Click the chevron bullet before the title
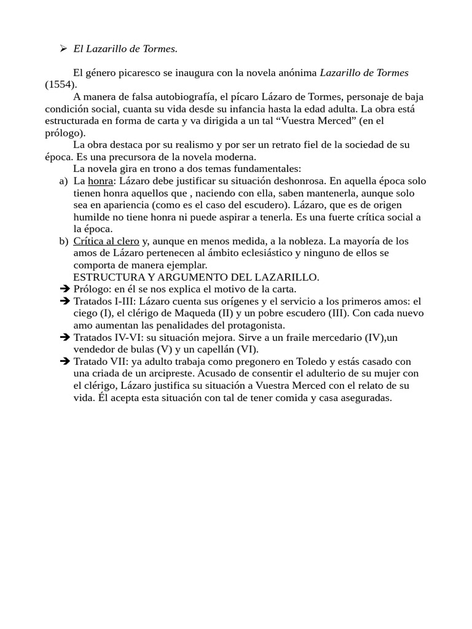[x=63, y=49]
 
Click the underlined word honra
[x=101, y=181]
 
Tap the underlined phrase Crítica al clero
[x=106, y=241]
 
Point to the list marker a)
[x=63, y=181]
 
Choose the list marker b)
[x=63, y=241]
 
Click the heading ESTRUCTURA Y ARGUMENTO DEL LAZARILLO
[x=196, y=277]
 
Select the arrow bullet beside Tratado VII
[x=65, y=361]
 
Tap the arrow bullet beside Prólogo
[x=65, y=289]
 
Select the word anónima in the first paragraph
[x=294, y=72]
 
